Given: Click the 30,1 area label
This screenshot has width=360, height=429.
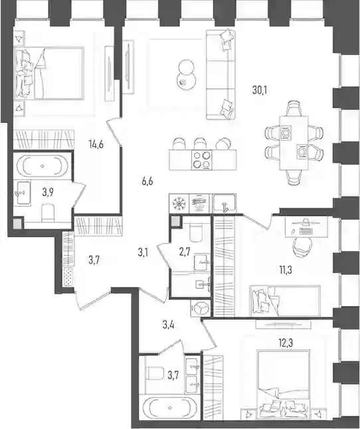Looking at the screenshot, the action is (x=260, y=90).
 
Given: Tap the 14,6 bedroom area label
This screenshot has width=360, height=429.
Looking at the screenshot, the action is (x=96, y=143).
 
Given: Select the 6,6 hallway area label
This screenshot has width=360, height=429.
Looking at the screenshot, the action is (x=147, y=181).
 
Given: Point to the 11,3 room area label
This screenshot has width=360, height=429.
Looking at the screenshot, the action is (x=286, y=270).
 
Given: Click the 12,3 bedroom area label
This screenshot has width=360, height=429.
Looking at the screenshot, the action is (x=286, y=343).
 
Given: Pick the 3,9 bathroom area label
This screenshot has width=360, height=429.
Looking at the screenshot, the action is (x=48, y=193).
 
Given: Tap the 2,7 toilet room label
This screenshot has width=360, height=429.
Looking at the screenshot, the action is (x=185, y=252).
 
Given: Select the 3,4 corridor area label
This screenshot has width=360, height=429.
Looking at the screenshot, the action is (x=168, y=325).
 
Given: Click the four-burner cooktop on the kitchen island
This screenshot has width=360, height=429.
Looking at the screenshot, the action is (x=202, y=159).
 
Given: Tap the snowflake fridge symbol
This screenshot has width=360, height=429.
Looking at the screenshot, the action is (x=179, y=203).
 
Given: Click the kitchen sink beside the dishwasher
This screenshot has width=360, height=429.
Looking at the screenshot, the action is (x=225, y=203).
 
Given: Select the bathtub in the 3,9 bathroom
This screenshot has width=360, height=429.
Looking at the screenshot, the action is (x=43, y=166).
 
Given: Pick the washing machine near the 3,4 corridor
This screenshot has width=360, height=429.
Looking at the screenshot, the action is (x=201, y=307).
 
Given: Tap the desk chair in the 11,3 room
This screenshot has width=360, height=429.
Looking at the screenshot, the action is (x=302, y=245).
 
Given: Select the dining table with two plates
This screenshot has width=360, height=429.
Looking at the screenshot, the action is (x=294, y=143).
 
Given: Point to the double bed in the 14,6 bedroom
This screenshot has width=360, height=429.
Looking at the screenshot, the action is (x=49, y=73).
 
